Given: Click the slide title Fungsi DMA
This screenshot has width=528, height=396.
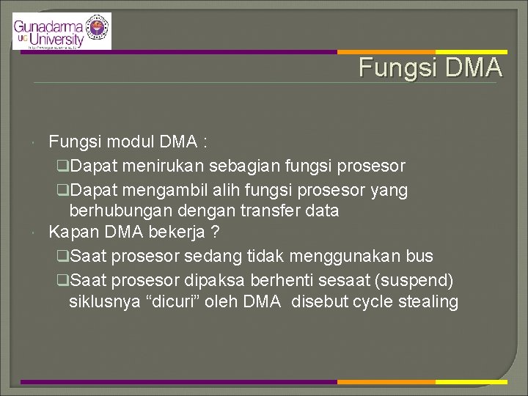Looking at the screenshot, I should pyautogui.click(x=430, y=67).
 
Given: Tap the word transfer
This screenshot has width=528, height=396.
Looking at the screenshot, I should pyautogui.click(x=273, y=211).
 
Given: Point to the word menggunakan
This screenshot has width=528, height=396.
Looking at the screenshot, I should pyautogui.click(x=343, y=256).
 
